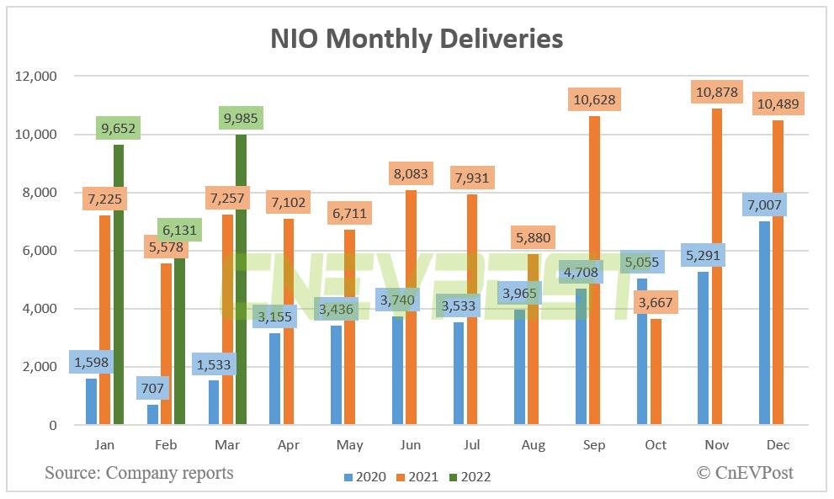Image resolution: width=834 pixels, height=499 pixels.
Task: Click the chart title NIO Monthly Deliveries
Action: point(417,39)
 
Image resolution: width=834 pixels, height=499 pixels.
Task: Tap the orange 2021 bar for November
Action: point(716,269)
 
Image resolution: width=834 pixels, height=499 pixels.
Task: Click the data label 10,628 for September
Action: point(595,100)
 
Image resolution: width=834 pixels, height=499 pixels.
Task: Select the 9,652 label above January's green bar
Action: point(118,129)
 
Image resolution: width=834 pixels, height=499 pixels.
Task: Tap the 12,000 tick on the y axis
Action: point(35,77)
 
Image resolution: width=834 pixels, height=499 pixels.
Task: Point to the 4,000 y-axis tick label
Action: point(39,309)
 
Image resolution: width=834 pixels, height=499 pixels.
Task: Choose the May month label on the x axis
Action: point(343,444)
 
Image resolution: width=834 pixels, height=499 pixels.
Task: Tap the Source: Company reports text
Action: point(139,473)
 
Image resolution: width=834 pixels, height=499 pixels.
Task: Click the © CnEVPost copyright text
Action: point(744,473)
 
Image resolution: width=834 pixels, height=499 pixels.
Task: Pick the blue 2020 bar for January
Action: point(91,402)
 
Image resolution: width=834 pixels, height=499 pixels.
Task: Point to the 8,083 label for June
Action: point(411,174)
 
